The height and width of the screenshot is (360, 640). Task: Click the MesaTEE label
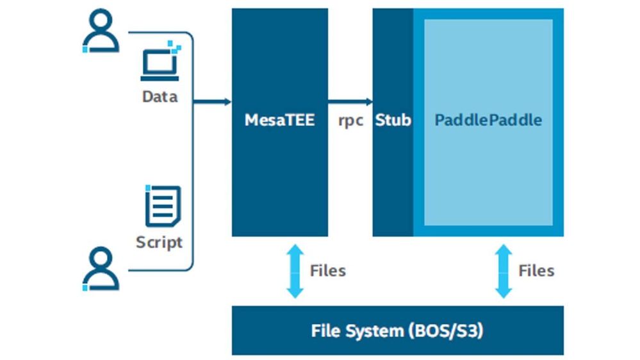pyautogui.click(x=279, y=120)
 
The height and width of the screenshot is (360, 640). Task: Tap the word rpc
pyautogui.click(x=350, y=121)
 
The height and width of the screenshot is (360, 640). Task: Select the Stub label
pyautogui.click(x=393, y=120)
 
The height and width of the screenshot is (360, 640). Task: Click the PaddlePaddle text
pyautogui.click(x=488, y=120)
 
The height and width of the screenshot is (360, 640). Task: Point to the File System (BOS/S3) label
pyautogui.click(x=397, y=331)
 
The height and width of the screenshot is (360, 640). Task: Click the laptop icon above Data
pyautogui.click(x=160, y=61)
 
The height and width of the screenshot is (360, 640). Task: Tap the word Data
pyautogui.click(x=160, y=97)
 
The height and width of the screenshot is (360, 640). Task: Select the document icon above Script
pyautogui.click(x=163, y=206)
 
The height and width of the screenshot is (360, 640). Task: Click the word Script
pyautogui.click(x=159, y=242)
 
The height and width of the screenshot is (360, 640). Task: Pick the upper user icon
pyautogui.click(x=101, y=31)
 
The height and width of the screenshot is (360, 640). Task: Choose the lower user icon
pyautogui.click(x=101, y=269)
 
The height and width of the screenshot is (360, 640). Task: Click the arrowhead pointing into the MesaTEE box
pyautogui.click(x=228, y=102)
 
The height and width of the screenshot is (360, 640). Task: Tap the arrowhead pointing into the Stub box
pyautogui.click(x=369, y=102)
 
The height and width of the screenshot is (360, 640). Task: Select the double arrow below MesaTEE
pyautogui.click(x=295, y=271)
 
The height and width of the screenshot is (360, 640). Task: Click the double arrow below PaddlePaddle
pyautogui.click(x=504, y=271)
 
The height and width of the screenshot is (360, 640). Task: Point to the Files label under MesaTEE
pyautogui.click(x=328, y=270)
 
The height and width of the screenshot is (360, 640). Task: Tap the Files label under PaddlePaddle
pyautogui.click(x=536, y=270)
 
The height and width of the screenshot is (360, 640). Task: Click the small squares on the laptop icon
pyautogui.click(x=175, y=45)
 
